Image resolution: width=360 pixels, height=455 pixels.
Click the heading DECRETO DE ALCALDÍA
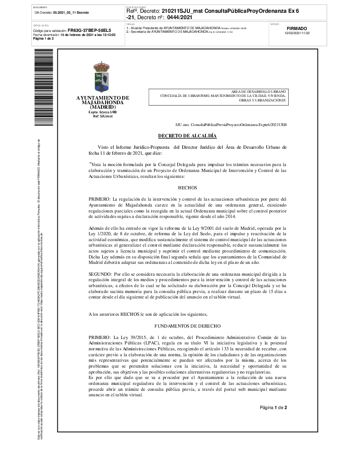tap(187, 136)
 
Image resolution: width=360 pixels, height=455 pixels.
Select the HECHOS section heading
tap(187, 187)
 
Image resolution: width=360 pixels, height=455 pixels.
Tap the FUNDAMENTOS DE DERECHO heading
tap(187, 326)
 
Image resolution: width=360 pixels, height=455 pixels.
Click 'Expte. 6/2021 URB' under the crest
tap(102, 111)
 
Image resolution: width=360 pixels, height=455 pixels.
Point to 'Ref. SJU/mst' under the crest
tap(102, 116)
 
